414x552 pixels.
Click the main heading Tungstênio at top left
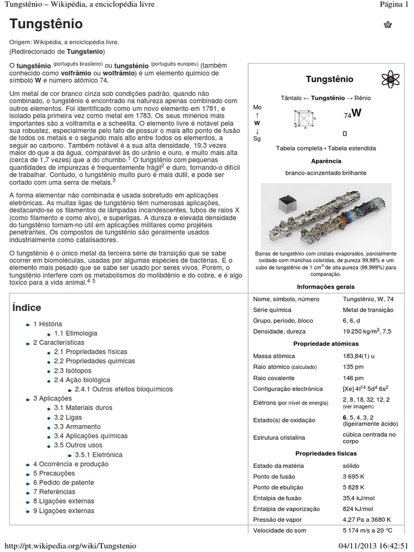pyautogui.click(x=46, y=24)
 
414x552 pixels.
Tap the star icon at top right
pyautogui.click(x=388, y=24)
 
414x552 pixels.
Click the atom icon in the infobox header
pyautogui.click(x=389, y=79)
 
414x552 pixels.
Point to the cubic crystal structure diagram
pyautogui.click(x=304, y=119)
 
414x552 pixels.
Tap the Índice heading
pyautogui.click(x=26, y=308)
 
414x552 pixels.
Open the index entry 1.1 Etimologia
pyautogui.click(x=75, y=334)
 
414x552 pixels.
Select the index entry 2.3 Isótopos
pyautogui.click(x=72, y=371)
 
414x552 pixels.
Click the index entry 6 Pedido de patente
pyautogui.click(x=63, y=482)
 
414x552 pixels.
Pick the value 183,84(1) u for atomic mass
pyautogui.click(x=361, y=356)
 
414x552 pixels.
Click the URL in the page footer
pyautogui.click(x=68, y=546)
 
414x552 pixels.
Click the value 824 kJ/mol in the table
pyautogui.click(x=357, y=509)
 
